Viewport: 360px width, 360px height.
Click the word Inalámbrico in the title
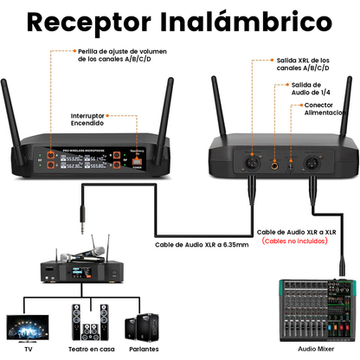point(246,22)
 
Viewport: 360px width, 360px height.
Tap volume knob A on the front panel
point(51,155)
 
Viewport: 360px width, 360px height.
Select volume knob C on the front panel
point(51,165)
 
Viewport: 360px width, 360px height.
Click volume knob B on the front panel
point(117,155)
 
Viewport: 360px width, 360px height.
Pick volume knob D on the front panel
point(117,165)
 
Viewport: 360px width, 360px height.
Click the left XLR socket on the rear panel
point(253,164)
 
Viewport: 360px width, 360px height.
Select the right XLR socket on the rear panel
point(312,164)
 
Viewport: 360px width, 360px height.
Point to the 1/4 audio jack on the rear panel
point(275,165)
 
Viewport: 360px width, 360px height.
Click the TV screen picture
point(28,329)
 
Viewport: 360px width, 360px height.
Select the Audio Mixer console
point(318,310)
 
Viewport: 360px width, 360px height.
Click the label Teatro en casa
point(92,350)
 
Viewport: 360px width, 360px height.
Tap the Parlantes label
point(144,350)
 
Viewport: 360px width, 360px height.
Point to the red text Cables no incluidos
point(295,241)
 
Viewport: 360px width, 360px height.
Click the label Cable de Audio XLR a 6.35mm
point(202,245)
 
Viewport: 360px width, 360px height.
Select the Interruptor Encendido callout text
point(87,119)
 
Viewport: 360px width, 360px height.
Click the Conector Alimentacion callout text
point(325,109)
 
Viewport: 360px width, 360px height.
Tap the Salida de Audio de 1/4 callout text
point(311,88)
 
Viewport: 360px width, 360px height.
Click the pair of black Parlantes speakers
point(142,327)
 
